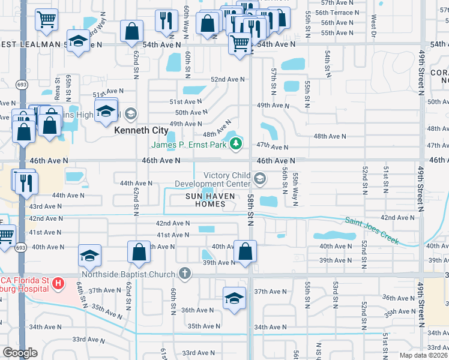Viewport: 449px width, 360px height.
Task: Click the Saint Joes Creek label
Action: tap(372, 231)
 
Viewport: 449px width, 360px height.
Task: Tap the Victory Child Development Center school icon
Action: tap(260, 178)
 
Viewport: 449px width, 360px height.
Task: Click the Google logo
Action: tap(20, 353)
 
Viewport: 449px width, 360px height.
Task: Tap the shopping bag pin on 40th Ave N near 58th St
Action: tap(245, 251)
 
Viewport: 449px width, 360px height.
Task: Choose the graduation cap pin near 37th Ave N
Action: tap(235, 298)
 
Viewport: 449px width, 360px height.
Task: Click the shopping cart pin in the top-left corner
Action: tap(46, 19)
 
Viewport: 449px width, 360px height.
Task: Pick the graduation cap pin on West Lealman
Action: tap(78, 41)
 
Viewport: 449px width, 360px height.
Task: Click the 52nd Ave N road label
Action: tap(228, 79)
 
